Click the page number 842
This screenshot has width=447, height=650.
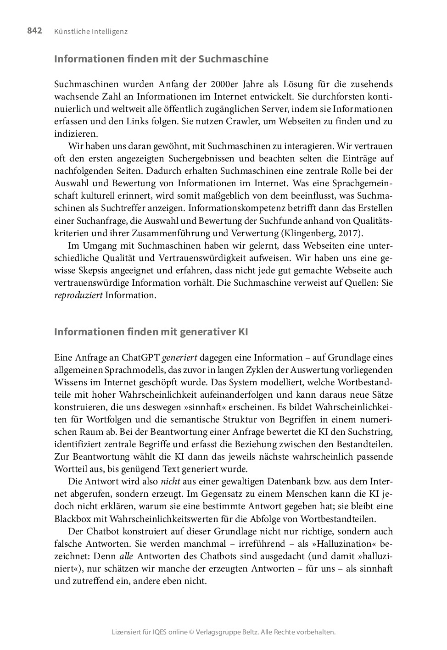(34, 31)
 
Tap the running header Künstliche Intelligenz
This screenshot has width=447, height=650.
(90, 32)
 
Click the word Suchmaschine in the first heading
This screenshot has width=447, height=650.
(233, 59)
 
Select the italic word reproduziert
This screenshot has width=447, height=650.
(78, 295)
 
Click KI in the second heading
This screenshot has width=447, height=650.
(243, 332)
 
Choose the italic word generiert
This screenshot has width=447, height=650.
(179, 358)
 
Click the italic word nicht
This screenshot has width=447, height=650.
(170, 482)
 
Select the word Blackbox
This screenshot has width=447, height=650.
(73, 519)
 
